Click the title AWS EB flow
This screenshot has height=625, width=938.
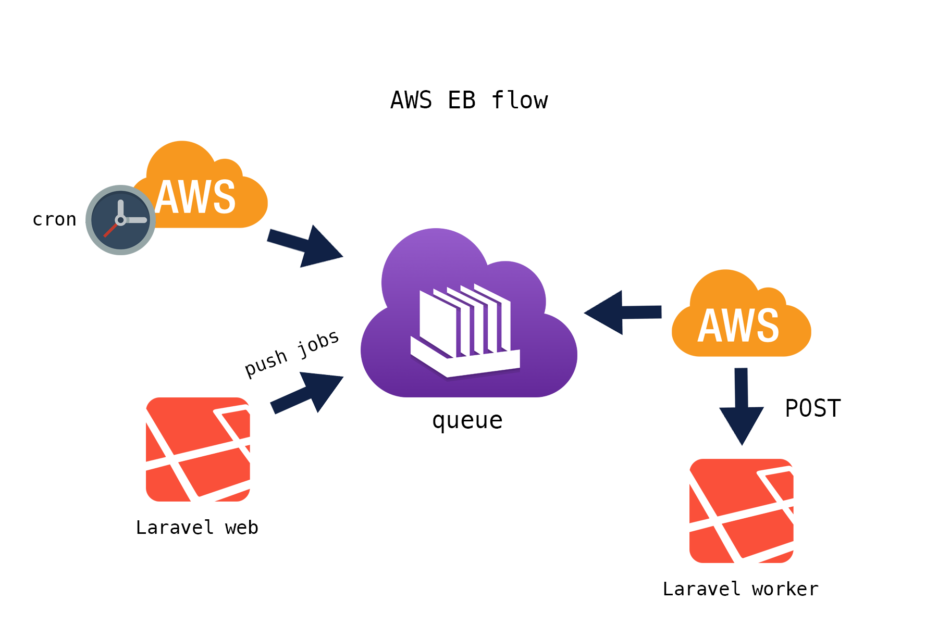point(469,100)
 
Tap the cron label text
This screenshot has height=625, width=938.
point(54,220)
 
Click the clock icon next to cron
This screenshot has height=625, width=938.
point(121,220)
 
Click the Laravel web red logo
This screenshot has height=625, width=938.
point(198,449)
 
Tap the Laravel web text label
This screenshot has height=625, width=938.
point(197,528)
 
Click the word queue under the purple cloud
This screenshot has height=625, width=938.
point(467,420)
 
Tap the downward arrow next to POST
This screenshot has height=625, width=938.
point(742,406)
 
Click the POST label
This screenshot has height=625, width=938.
point(812,408)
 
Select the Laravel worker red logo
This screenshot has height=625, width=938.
point(742,511)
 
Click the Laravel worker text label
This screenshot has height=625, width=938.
point(740,589)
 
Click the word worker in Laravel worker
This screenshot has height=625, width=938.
point(785,589)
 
